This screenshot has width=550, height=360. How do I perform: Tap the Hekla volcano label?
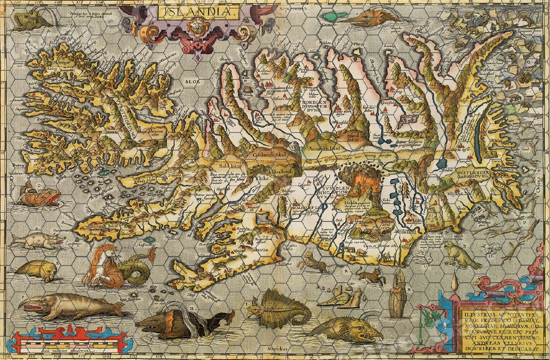click(x=346, y=203)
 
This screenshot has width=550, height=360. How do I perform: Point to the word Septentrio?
click(x=292, y=9)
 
